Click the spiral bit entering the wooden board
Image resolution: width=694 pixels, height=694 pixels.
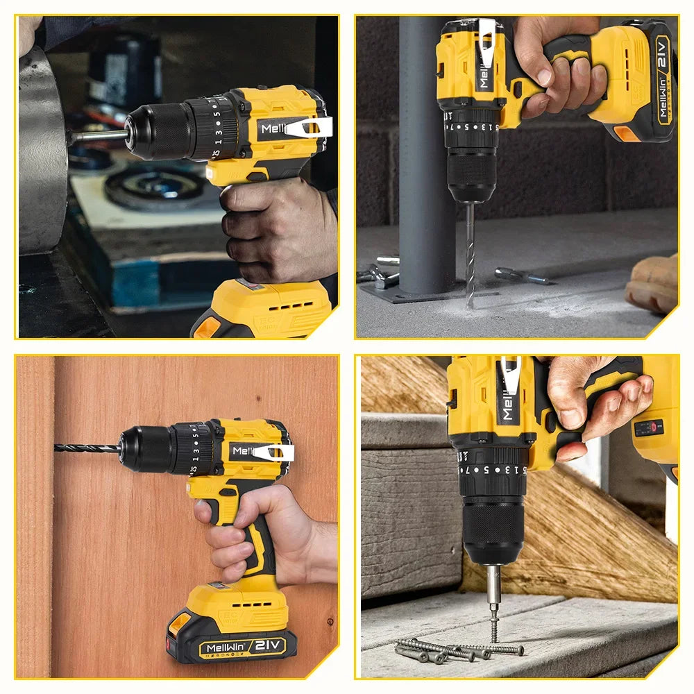87,448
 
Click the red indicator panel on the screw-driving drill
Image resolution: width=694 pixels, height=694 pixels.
648,428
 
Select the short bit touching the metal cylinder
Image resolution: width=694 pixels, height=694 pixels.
97,136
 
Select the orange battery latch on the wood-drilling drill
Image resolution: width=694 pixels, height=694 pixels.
179,623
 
